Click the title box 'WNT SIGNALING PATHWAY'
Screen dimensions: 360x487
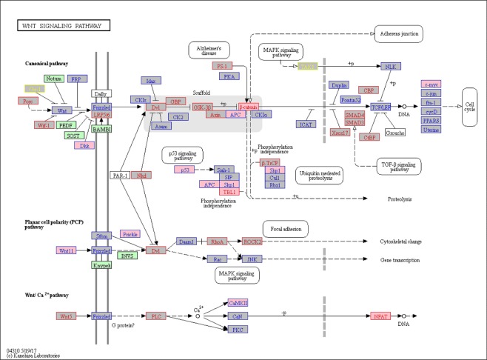click(63, 26)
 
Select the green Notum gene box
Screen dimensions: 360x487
click(53, 79)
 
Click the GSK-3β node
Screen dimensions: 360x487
click(202, 107)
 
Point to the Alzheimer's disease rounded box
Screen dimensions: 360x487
click(208, 50)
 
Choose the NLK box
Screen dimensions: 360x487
click(391, 67)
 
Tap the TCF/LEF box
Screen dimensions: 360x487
click(380, 107)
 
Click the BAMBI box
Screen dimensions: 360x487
click(101, 129)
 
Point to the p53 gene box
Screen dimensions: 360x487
click(184, 170)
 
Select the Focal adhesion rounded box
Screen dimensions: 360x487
click(286, 229)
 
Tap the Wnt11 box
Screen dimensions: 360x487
click(67, 250)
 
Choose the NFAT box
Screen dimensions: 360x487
click(379, 316)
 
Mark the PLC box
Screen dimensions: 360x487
click(157, 316)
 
